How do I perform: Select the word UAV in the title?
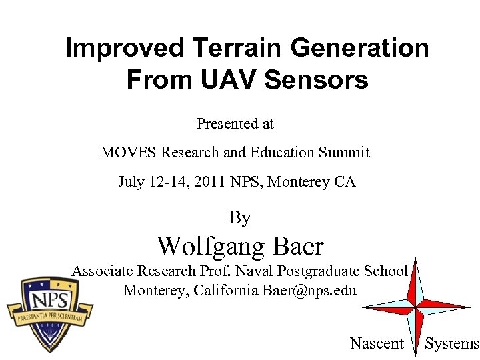click(229, 80)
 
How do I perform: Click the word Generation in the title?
click(360, 48)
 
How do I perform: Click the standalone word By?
click(239, 218)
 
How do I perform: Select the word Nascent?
click(377, 343)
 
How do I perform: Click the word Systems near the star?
click(452, 343)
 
